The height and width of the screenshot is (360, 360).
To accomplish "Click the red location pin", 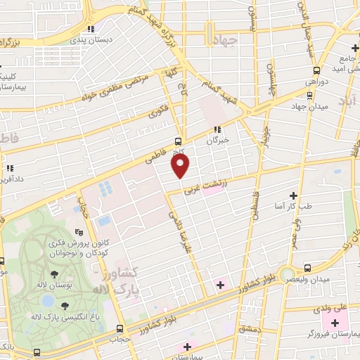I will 181,165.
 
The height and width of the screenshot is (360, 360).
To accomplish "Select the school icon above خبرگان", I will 217,130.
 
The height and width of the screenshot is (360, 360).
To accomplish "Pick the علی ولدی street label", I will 333,307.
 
